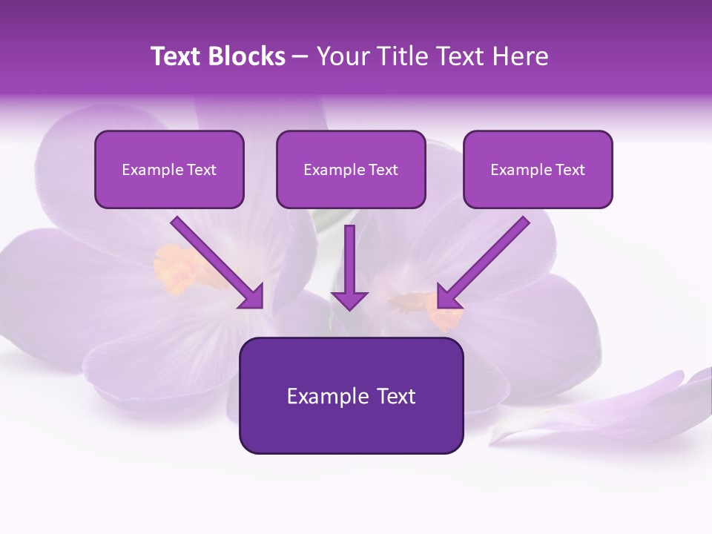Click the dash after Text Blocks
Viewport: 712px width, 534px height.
[300, 57]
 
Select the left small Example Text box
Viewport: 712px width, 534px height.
[169, 169]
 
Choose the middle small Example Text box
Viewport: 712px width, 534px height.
[351, 169]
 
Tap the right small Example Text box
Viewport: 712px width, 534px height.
[538, 169]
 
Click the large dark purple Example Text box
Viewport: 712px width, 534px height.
[351, 395]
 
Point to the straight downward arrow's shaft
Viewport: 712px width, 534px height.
[349, 256]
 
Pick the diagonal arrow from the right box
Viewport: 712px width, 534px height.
[489, 257]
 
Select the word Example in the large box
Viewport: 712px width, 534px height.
[318, 396]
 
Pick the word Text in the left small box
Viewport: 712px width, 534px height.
[202, 170]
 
